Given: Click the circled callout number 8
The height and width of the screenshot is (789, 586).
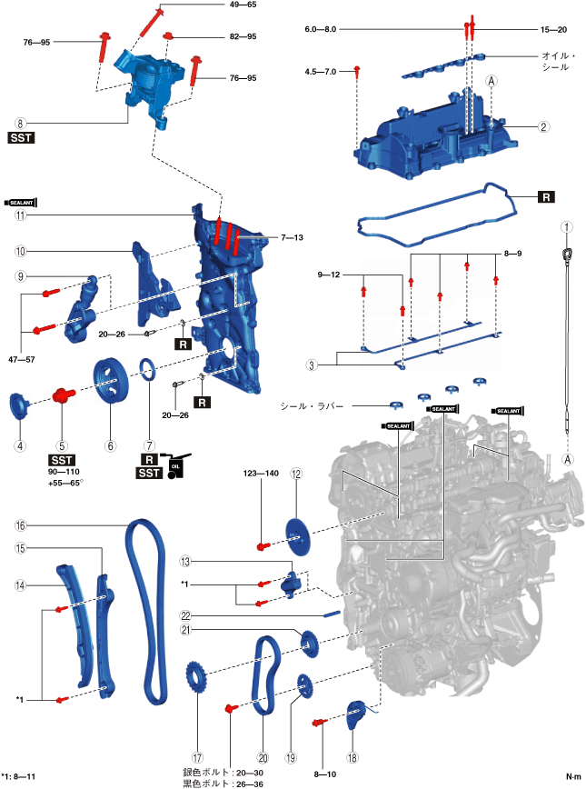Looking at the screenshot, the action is (x=20, y=124).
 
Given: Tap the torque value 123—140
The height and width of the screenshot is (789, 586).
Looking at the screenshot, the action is (x=261, y=473).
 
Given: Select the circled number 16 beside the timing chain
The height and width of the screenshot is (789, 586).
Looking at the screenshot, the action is (x=20, y=525).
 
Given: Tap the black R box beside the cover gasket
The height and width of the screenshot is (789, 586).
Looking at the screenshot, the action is (x=546, y=196).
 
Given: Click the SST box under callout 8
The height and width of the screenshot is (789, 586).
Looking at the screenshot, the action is (x=21, y=137).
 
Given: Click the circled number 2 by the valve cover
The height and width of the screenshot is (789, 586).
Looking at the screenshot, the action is (x=543, y=126).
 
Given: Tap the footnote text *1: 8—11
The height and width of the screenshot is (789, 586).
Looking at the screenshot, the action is (x=18, y=776).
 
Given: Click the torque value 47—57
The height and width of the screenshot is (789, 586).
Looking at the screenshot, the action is (x=22, y=359).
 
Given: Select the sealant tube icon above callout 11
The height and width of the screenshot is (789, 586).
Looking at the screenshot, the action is (x=21, y=203).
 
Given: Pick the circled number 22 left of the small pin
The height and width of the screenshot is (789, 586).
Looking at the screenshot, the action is (x=186, y=615).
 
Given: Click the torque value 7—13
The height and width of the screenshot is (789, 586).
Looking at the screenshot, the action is (x=292, y=237).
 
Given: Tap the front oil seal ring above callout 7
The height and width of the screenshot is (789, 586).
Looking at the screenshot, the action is (x=148, y=372).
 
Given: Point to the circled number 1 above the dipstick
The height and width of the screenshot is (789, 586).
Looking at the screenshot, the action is (x=567, y=227).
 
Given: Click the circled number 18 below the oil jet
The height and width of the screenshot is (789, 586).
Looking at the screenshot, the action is (x=353, y=757).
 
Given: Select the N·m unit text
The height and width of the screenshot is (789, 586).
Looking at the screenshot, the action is (x=573, y=776).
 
